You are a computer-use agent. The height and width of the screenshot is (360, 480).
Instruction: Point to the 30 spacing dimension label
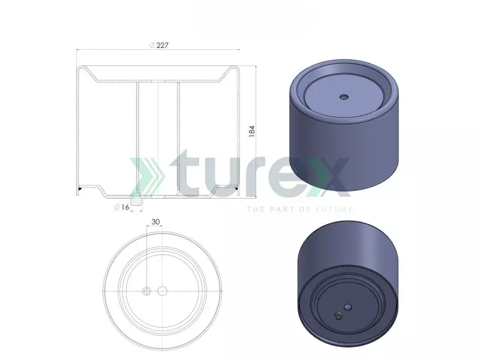tap(155, 221)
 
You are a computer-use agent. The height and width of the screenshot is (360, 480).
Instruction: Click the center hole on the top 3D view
tap(343, 96)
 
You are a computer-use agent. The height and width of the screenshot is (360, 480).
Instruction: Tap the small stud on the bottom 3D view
tap(338, 316)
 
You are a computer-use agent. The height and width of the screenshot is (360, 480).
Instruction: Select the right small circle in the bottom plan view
tap(161, 291)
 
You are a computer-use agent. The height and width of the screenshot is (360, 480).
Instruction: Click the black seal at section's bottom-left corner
tap(80, 191)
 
